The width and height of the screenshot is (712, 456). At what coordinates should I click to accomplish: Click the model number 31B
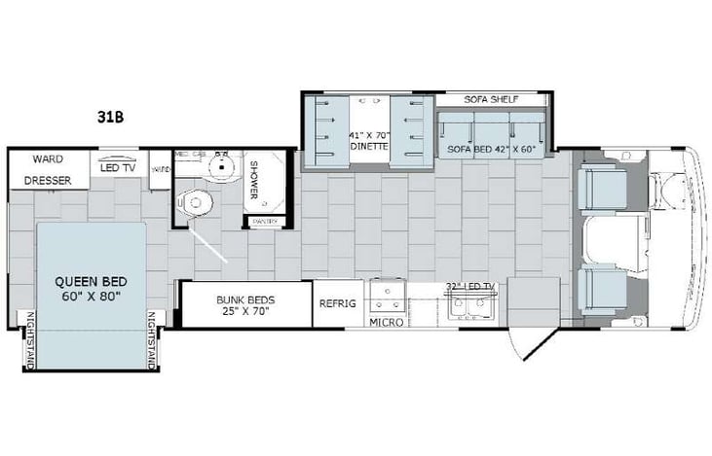109,119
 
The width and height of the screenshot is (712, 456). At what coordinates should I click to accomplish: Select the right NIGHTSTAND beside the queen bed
152,339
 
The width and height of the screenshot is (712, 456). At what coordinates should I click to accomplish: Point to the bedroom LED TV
117,166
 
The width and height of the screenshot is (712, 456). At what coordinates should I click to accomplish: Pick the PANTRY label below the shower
264,223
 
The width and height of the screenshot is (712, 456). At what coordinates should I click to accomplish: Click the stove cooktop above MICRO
386,293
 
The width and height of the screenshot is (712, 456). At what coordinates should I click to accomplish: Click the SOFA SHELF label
492,100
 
